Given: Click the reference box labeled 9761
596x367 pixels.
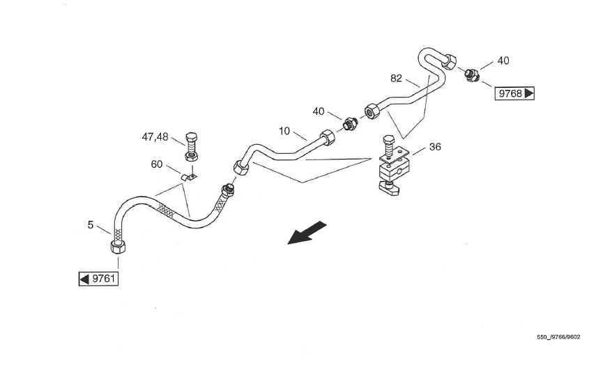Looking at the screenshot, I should pyautogui.click(x=97, y=279).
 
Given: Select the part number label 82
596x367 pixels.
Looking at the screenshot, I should pyautogui.click(x=397, y=79).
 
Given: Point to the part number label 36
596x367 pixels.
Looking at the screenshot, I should pyautogui.click(x=435, y=147).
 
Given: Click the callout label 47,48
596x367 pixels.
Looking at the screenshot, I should pyautogui.click(x=155, y=137).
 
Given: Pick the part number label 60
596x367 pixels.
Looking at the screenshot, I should pyautogui.click(x=157, y=164).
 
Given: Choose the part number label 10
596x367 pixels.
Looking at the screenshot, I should pyautogui.click(x=284, y=130).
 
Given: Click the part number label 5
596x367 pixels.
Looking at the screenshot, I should pyautogui.click(x=91, y=224).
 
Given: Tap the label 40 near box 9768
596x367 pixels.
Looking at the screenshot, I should pyautogui.click(x=503, y=61).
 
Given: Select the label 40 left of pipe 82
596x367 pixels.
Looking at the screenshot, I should pyautogui.click(x=319, y=111).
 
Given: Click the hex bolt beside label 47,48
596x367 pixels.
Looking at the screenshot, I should pyautogui.click(x=192, y=146).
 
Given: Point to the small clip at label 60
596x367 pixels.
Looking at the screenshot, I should pyautogui.click(x=188, y=177).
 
